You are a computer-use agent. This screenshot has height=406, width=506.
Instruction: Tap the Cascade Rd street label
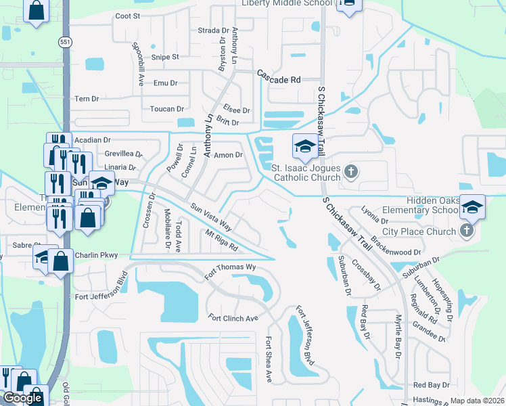[277, 79]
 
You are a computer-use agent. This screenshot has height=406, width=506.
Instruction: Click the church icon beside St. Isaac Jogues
[350, 172]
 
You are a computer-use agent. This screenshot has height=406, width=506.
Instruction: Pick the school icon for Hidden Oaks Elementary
[472, 206]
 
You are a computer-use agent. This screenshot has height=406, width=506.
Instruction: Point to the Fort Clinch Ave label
[233, 318]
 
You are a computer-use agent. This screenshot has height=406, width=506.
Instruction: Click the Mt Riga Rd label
[222, 240]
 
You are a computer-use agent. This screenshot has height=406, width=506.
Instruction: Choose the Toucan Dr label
[167, 109]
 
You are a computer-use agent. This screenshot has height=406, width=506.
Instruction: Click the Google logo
[22, 398]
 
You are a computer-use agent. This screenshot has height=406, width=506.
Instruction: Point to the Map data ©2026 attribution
[478, 401]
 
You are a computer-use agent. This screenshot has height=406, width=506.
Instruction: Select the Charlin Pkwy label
[100, 255]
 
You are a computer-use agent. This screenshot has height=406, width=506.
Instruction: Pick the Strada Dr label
[213, 30]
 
